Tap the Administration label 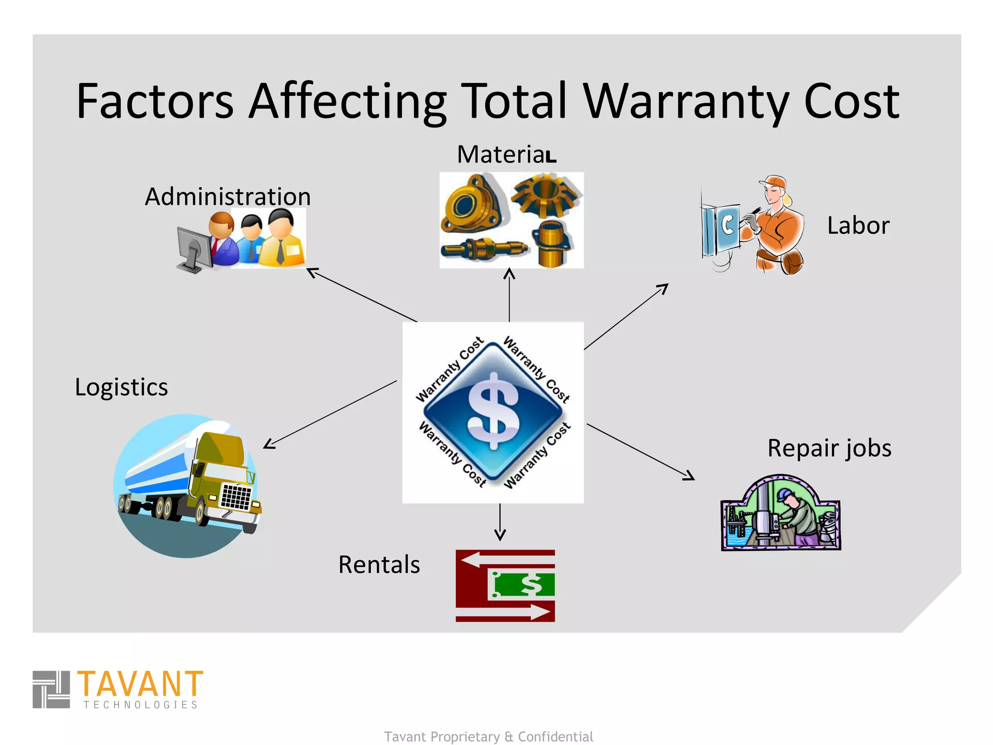point(227,196)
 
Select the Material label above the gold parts point(506,155)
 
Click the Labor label point(858,226)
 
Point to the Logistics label point(121,387)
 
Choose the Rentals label point(379,565)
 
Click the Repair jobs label point(829,448)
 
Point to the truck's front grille point(236,497)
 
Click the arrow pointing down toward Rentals point(500,522)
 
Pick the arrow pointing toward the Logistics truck point(330,415)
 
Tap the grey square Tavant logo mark point(51,689)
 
